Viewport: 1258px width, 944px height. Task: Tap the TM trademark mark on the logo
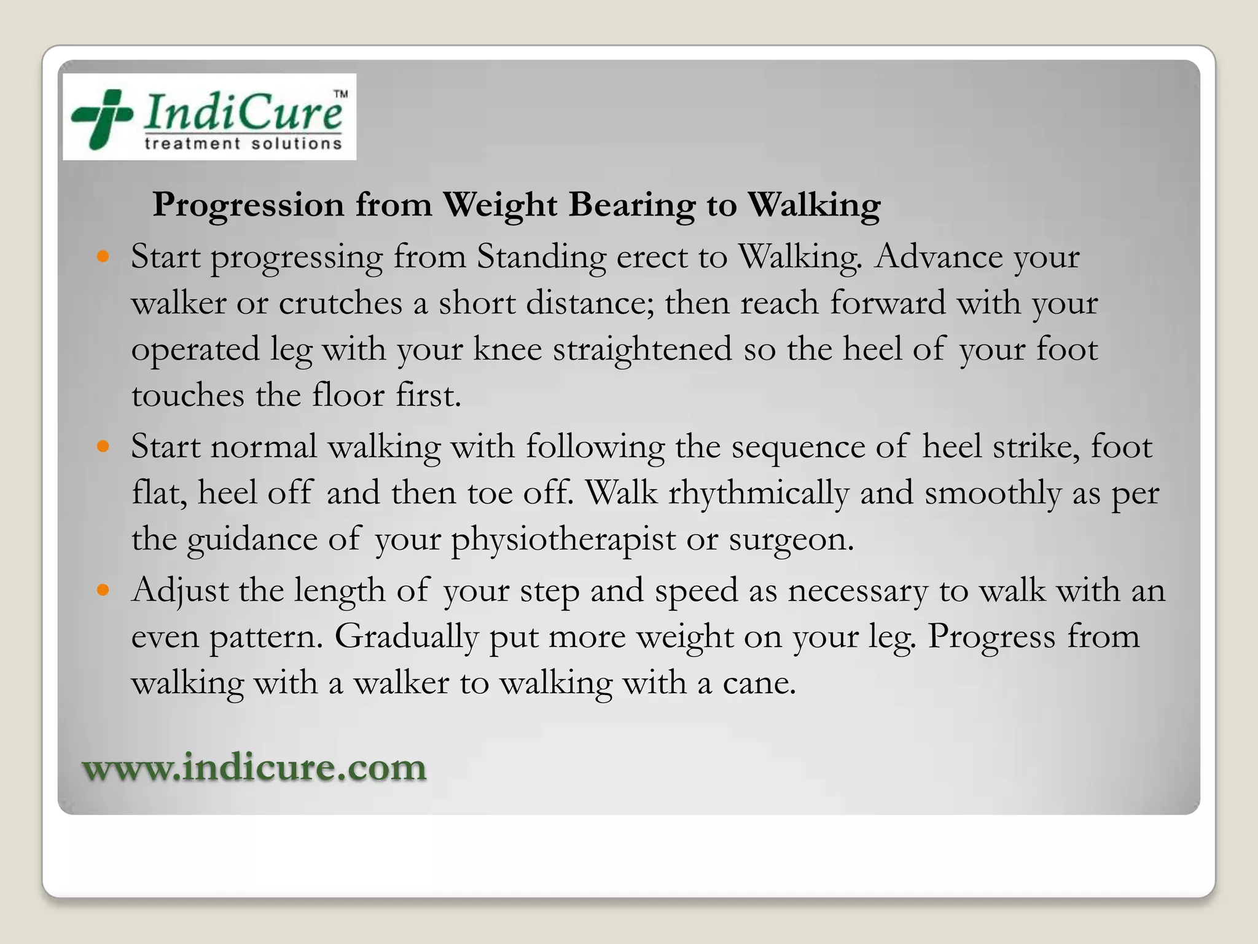click(340, 94)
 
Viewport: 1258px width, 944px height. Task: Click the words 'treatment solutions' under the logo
click(243, 144)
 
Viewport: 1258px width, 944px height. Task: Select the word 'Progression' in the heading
click(248, 205)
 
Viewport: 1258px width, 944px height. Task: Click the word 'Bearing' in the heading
click(631, 205)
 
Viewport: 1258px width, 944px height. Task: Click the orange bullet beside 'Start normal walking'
click(103, 446)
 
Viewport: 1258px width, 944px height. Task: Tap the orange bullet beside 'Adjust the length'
click(103, 590)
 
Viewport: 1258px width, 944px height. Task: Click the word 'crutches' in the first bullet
click(341, 303)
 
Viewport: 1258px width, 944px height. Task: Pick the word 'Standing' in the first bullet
click(541, 257)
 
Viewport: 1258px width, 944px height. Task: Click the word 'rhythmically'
click(759, 493)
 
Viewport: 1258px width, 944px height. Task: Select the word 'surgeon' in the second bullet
click(789, 540)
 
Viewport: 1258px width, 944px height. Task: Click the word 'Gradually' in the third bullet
click(406, 637)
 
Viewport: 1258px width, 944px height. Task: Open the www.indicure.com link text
click(254, 768)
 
